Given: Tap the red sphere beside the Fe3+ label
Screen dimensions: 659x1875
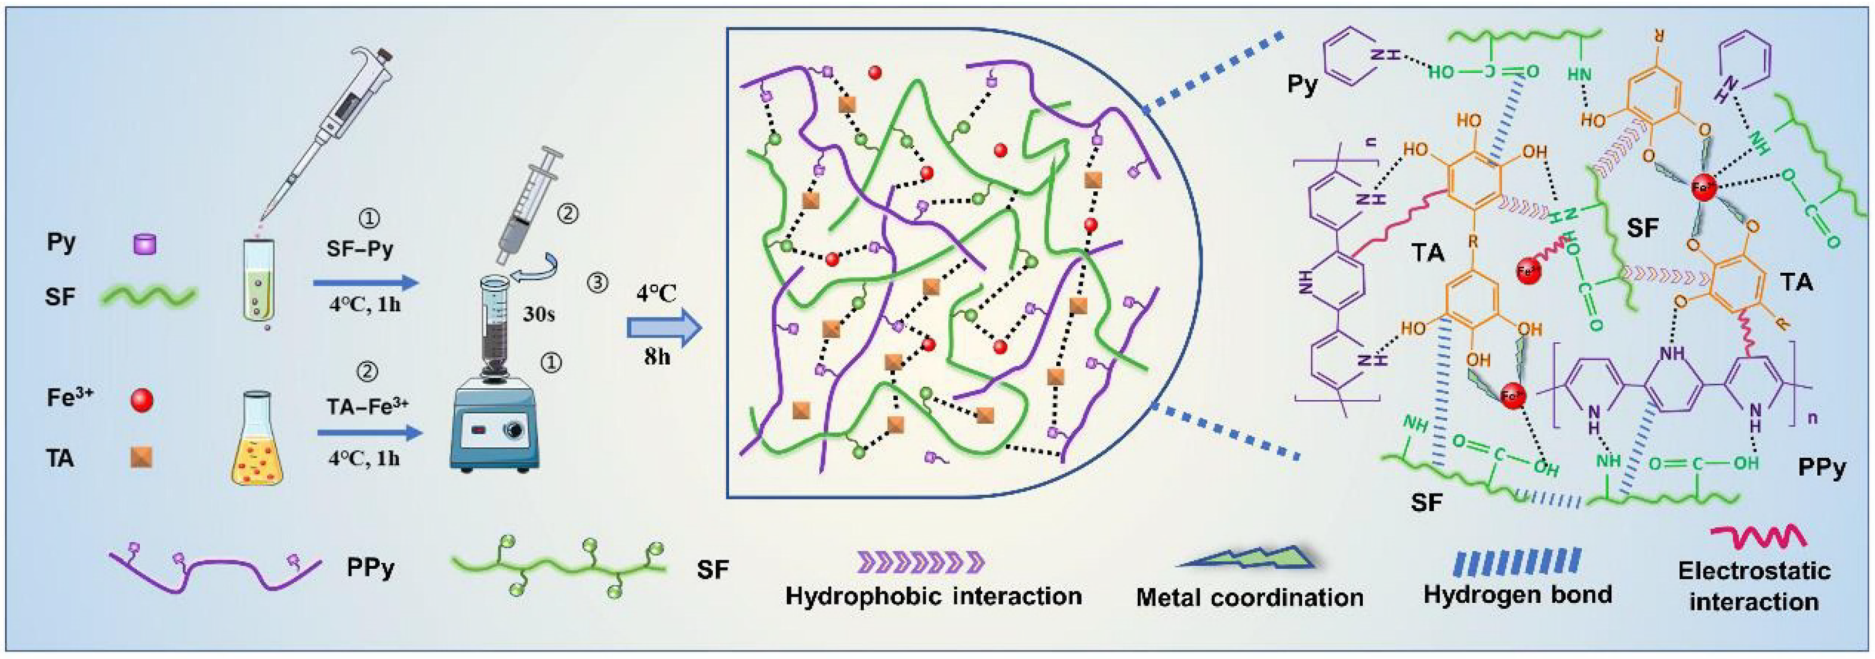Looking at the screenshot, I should pyautogui.click(x=141, y=400).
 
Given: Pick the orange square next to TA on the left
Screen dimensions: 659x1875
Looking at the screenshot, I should pyautogui.click(x=141, y=457).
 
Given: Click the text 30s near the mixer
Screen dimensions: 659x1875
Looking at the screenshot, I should pyautogui.click(x=539, y=314).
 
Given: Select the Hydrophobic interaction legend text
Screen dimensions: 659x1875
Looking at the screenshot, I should pyautogui.click(x=933, y=597).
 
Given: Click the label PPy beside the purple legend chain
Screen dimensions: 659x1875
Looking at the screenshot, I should pyautogui.click(x=371, y=568).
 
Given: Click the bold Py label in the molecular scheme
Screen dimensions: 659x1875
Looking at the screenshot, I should pyautogui.click(x=1302, y=85).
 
